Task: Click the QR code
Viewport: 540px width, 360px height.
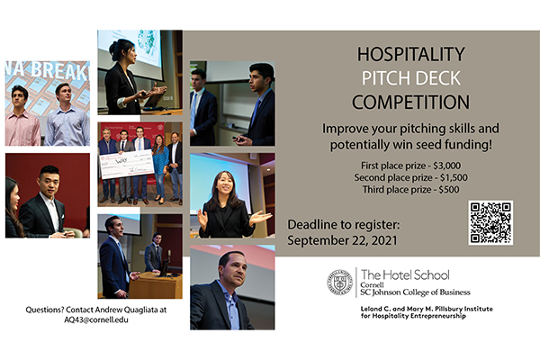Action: tap(490, 223)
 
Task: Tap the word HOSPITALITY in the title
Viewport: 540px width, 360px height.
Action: tap(411, 54)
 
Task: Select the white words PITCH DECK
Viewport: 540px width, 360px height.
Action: tap(411, 78)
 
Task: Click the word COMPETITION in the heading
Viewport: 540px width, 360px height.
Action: tap(410, 103)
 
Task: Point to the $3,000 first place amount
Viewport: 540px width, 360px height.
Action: tap(446, 166)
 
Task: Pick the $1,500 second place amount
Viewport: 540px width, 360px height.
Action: tap(454, 178)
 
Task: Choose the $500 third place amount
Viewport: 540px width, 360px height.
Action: tap(449, 190)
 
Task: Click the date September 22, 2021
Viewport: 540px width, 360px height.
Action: tap(342, 240)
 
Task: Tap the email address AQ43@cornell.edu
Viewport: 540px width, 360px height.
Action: tap(96, 319)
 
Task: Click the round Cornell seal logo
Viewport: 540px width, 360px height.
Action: tap(339, 283)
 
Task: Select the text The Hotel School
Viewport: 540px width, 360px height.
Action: tap(405, 274)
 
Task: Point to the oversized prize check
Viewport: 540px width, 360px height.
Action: tap(127, 163)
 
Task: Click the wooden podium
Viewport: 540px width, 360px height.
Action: tap(156, 284)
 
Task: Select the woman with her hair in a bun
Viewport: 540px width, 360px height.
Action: tap(126, 77)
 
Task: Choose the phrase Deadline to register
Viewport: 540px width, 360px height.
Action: tap(344, 225)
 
